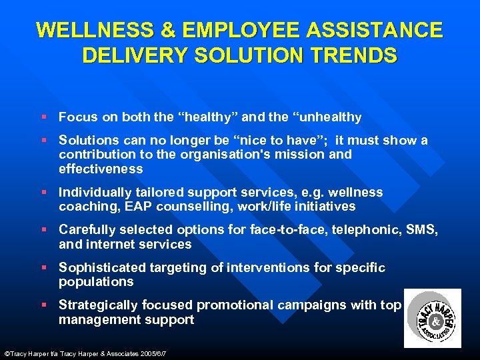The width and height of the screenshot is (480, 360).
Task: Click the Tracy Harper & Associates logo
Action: pyautogui.click(x=433, y=319)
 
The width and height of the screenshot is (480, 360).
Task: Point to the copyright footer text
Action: pyautogui.click(x=85, y=352)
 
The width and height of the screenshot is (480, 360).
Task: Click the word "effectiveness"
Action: pyautogui.click(x=101, y=169)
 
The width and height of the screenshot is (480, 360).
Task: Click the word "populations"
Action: pyautogui.click(x=96, y=282)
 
